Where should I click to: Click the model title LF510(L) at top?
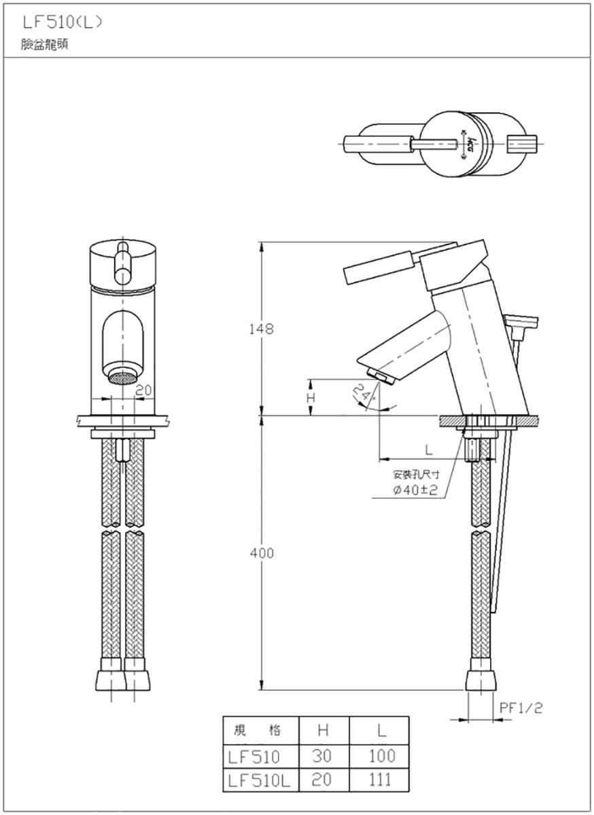point(63,23)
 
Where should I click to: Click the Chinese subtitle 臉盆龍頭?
point(44,44)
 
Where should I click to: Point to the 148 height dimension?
point(261,329)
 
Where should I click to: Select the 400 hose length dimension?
point(262,554)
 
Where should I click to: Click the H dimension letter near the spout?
point(311,398)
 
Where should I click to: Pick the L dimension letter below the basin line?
point(429,451)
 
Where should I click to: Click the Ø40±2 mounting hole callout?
point(415,490)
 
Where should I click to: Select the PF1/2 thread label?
point(521,708)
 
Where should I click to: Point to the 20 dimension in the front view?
point(143,391)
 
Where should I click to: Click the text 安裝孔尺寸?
point(416,475)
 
